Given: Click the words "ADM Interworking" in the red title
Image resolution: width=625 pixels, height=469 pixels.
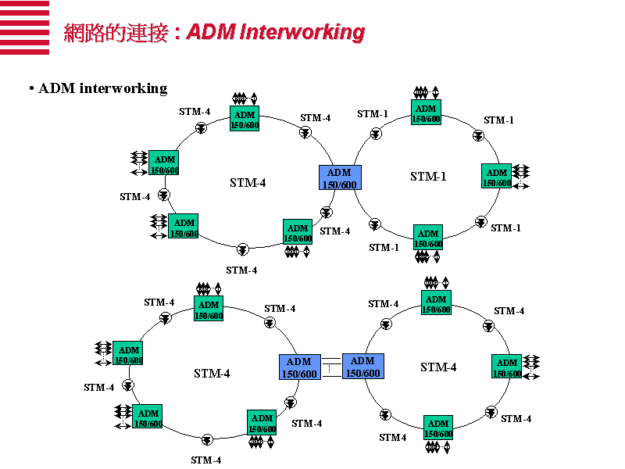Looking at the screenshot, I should (x=276, y=32).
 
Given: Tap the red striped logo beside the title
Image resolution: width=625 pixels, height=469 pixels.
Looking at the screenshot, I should (x=24, y=28).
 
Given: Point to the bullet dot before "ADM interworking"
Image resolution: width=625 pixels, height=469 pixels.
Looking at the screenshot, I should (x=30, y=88).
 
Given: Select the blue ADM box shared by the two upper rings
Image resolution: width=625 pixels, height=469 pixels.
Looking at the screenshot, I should (x=339, y=178).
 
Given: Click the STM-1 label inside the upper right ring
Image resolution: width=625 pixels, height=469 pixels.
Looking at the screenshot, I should (x=428, y=177).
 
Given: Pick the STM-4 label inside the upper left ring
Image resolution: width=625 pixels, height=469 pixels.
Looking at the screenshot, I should (x=248, y=183).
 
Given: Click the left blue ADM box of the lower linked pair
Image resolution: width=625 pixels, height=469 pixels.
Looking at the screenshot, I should (x=299, y=367).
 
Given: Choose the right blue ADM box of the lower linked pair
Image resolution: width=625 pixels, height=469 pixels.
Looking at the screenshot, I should (x=362, y=367).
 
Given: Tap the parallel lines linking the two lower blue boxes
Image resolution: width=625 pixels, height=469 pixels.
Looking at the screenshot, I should (x=331, y=367).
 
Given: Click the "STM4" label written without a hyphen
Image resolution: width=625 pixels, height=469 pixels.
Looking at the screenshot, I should (x=393, y=438).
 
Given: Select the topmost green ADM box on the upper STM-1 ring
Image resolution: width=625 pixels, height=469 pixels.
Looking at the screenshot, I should (x=426, y=113).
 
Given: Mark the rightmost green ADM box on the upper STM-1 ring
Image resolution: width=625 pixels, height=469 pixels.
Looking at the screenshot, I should (x=497, y=177).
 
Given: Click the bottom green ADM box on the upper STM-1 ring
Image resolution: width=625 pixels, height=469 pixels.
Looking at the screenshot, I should (x=428, y=238).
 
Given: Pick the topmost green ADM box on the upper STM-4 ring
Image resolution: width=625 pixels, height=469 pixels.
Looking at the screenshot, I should (x=245, y=120).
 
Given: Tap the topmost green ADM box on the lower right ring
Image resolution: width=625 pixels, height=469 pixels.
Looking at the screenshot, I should (x=436, y=304).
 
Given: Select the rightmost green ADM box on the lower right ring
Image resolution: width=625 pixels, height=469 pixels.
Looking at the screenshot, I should (x=507, y=367).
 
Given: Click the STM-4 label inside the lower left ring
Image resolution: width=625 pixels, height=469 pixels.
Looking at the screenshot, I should (x=212, y=374).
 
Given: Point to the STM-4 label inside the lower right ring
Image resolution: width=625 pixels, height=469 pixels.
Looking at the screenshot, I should (x=438, y=367).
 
